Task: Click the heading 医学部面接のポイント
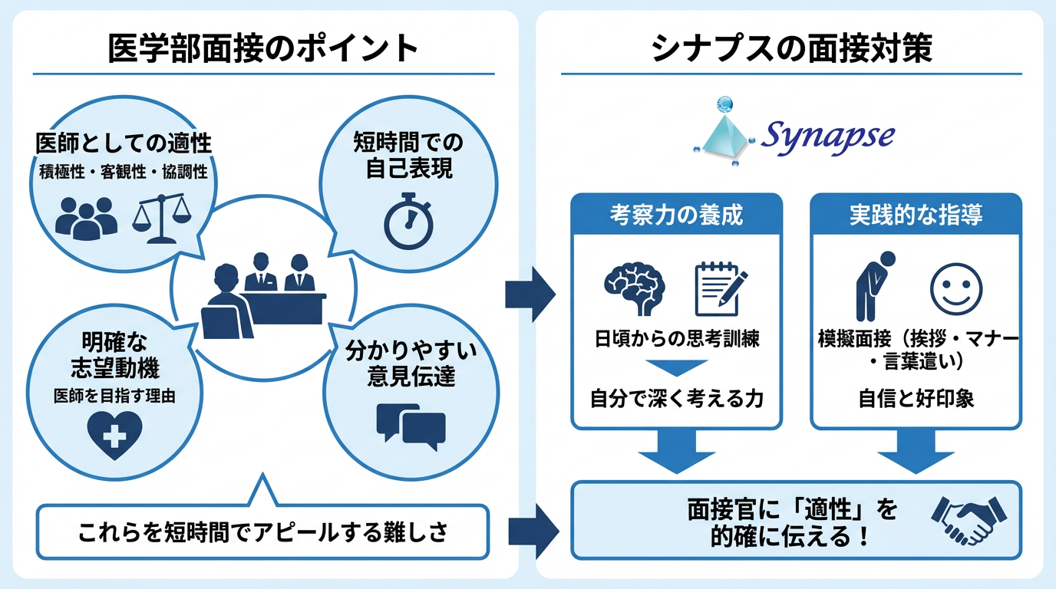tap(263, 49)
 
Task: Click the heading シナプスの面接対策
tap(791, 49)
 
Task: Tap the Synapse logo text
tap(827, 137)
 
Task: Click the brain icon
tap(635, 290)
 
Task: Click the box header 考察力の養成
tap(676, 215)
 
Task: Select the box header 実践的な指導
tap(916, 215)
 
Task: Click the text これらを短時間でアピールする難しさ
tap(262, 531)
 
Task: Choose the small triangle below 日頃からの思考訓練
tap(676, 367)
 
